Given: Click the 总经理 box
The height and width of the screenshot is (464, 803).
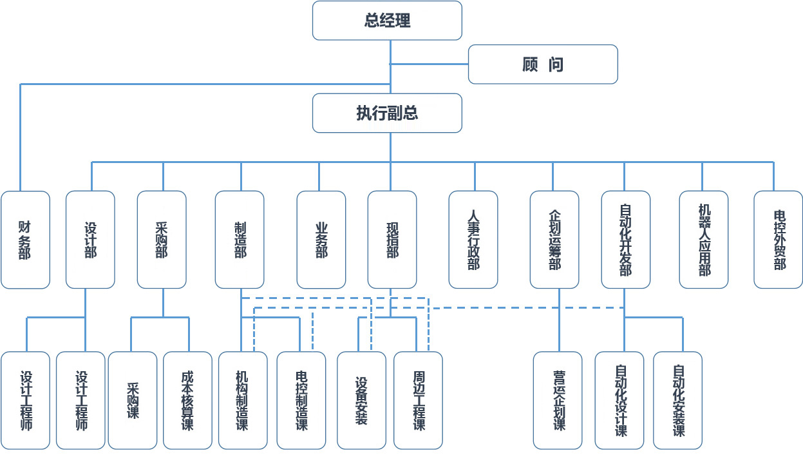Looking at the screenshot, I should [387, 21].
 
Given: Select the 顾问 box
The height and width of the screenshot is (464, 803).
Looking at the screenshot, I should [543, 64].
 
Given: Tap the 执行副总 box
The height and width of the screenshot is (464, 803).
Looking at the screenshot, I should [387, 113].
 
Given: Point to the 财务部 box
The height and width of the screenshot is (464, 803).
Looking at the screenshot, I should [25, 240].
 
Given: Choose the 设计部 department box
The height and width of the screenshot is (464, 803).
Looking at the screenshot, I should [90, 240].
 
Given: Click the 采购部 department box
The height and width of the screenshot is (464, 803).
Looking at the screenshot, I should [162, 240].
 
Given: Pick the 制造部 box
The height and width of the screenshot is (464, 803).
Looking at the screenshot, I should [240, 240].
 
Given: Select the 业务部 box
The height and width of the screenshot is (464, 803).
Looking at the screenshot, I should [321, 240].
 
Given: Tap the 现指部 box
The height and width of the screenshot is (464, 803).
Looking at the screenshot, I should [392, 240].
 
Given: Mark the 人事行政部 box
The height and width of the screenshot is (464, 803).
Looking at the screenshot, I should [473, 240].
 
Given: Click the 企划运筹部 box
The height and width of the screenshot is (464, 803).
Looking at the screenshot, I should [554, 240].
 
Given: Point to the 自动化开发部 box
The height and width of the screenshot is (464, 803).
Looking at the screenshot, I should [626, 240].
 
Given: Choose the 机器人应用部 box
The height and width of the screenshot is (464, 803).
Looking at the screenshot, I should [704, 240].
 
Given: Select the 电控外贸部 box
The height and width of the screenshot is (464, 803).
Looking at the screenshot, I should [779, 240].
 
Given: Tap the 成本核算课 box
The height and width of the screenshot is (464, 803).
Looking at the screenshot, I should [187, 400].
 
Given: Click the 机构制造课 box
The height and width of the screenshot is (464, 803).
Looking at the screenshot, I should [243, 400].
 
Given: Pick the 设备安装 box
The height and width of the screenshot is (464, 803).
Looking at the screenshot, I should [361, 400].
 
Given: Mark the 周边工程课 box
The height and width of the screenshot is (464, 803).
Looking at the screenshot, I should [418, 400].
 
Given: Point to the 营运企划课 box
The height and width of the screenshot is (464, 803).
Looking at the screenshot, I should [558, 400].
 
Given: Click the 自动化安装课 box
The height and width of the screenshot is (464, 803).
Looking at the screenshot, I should [677, 400].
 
